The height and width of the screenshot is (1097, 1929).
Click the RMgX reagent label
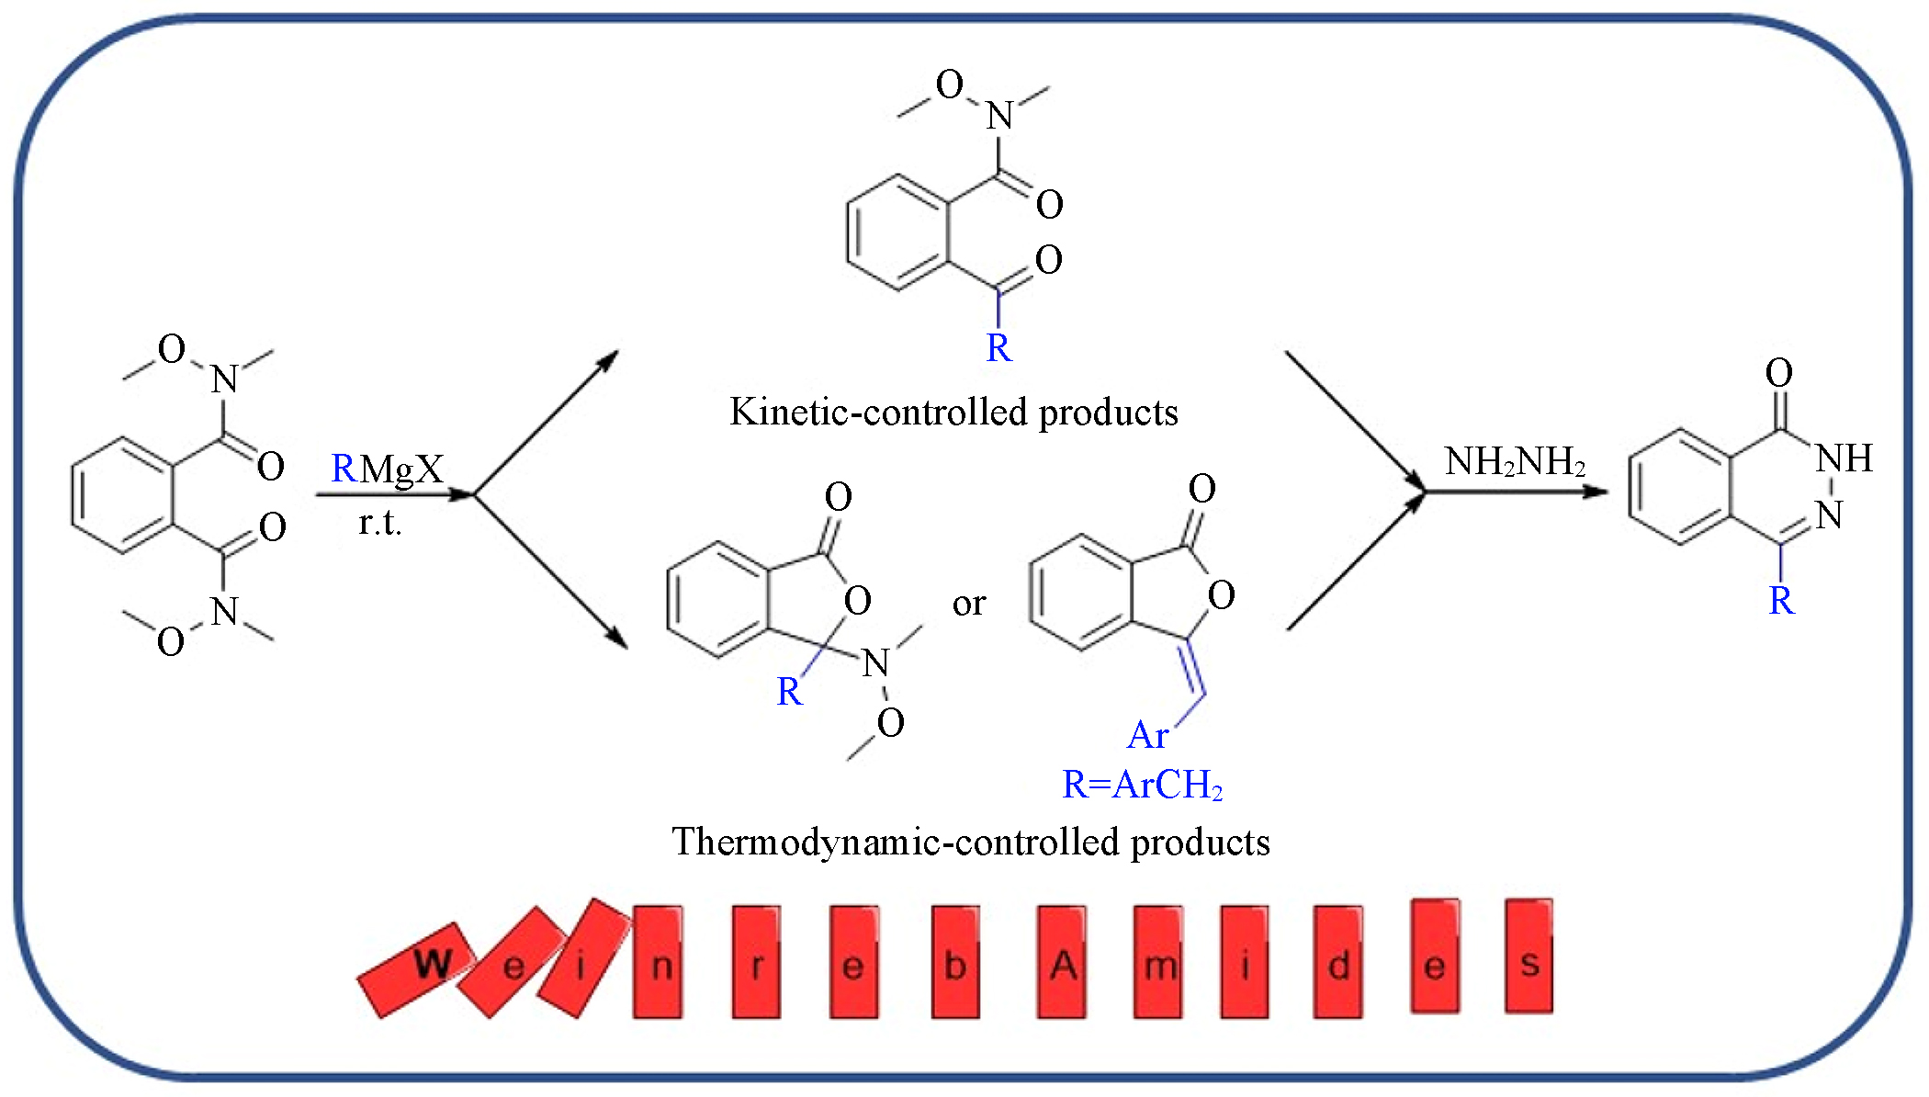pyautogui.click(x=387, y=469)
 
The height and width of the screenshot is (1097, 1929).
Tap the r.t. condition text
pyautogui.click(x=380, y=523)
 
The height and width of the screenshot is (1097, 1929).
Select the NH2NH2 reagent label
pyautogui.click(x=1515, y=461)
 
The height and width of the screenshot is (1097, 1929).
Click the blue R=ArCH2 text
pyautogui.click(x=1142, y=785)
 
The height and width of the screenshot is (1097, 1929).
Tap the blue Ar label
pyautogui.click(x=1147, y=735)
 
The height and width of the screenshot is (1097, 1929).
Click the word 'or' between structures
pyautogui.click(x=969, y=604)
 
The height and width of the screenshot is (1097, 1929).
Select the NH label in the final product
pyautogui.click(x=1844, y=458)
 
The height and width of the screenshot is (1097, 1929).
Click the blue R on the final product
pyautogui.click(x=1781, y=601)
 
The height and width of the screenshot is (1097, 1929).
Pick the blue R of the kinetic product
pyautogui.click(x=998, y=348)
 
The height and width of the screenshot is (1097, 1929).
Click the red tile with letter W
pyautogui.click(x=418, y=968)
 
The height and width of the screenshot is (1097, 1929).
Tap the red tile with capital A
pyautogui.click(x=1062, y=962)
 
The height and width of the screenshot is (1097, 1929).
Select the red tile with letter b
pyautogui.click(x=955, y=962)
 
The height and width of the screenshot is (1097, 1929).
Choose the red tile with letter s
pyautogui.click(x=1529, y=956)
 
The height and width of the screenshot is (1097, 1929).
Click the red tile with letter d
pyautogui.click(x=1337, y=962)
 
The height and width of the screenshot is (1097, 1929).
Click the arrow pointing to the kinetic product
pyautogui.click(x=546, y=423)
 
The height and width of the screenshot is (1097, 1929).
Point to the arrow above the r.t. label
pyautogui.click(x=394, y=495)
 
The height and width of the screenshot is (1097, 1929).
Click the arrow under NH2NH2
pyautogui.click(x=1516, y=492)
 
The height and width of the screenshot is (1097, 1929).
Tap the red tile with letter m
pyautogui.click(x=1157, y=962)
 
